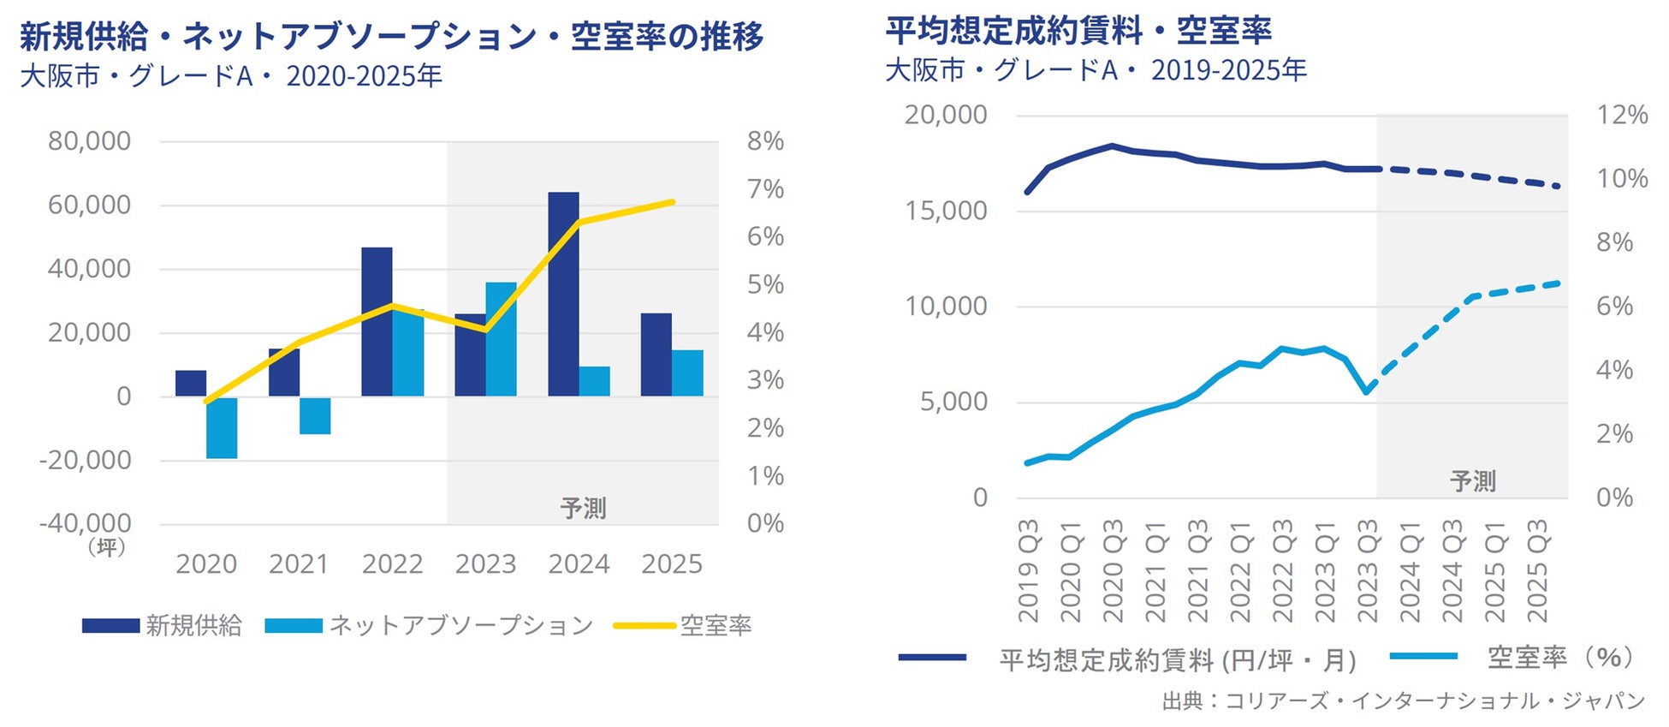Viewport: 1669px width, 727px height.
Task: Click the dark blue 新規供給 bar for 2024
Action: [563, 294]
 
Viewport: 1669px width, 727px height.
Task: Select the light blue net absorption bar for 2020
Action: [222, 427]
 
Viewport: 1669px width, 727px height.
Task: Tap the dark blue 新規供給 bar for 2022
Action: [377, 321]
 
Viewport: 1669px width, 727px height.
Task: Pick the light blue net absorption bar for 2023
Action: [502, 339]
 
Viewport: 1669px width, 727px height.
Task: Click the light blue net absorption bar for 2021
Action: [315, 415]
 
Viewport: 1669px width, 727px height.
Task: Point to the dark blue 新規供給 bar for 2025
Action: [656, 355]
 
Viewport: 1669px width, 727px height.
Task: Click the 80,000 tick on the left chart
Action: [89, 141]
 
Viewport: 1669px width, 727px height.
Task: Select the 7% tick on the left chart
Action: [765, 189]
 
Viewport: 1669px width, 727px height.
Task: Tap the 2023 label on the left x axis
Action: [485, 564]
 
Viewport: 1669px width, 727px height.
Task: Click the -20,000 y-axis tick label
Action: [86, 461]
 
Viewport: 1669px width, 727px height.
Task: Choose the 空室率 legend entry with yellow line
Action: [683, 626]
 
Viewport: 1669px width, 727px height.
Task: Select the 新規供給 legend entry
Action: [163, 626]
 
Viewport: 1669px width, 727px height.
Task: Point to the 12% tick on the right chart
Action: [1622, 115]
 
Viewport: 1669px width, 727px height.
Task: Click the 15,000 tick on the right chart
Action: [946, 211]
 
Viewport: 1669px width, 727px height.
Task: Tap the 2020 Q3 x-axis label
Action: [1113, 570]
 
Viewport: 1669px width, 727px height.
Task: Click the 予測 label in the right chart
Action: [1473, 481]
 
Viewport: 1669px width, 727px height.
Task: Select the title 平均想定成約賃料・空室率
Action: [1078, 31]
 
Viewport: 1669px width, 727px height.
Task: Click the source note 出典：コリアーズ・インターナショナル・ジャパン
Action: [1403, 701]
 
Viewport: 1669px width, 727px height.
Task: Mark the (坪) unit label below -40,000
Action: [107, 547]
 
